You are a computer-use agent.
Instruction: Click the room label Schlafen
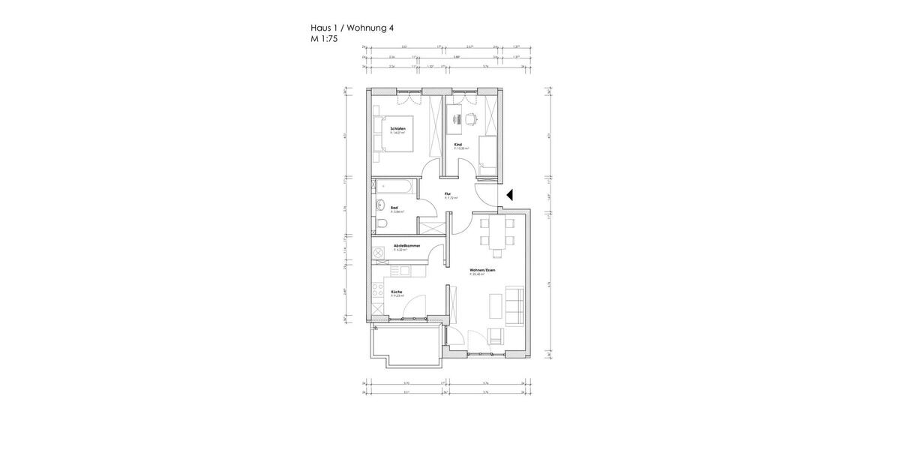point(397,129)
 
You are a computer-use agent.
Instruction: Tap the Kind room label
point(457,145)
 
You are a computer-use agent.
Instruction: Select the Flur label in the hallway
point(447,194)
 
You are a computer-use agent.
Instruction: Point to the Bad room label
point(394,208)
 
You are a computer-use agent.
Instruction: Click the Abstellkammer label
point(406,246)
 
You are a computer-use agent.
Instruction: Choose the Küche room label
point(397,292)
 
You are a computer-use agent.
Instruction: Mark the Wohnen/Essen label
point(482,270)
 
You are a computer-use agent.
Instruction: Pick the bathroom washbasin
point(380,205)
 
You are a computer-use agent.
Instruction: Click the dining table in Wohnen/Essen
point(496,232)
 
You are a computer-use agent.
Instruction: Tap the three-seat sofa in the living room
point(515,305)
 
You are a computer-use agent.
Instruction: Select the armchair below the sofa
point(495,335)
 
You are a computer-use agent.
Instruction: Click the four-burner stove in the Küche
point(377,292)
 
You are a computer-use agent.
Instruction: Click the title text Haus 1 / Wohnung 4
point(352,28)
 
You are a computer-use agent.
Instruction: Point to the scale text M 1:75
point(325,39)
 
